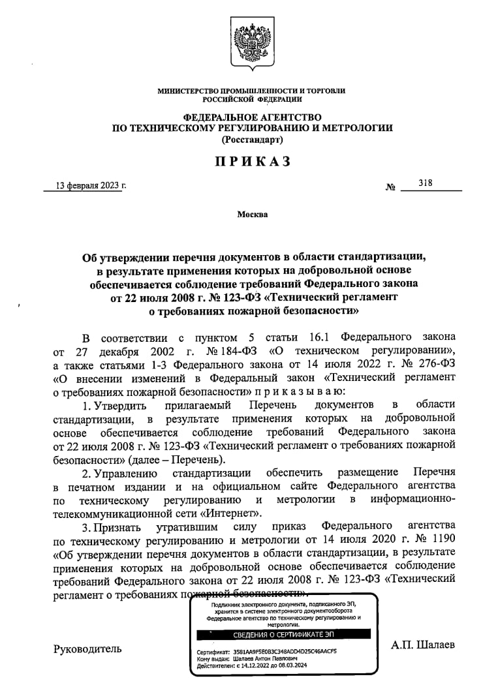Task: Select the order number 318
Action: click(426, 183)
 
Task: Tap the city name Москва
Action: click(252, 214)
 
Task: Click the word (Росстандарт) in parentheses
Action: click(252, 140)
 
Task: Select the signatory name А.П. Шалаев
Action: click(423, 645)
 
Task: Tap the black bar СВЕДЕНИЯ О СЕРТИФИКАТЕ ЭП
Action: click(283, 635)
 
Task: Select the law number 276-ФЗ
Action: click(435, 364)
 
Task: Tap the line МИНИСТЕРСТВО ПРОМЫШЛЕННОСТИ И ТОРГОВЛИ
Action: click(252, 91)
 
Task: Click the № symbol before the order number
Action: click(391, 188)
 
